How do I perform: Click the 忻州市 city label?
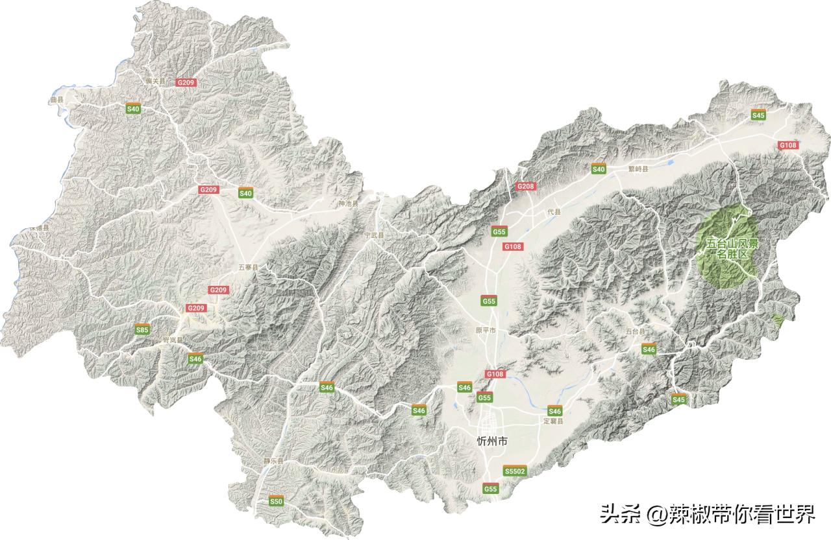pos(491,441)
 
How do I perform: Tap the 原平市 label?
pos(485,331)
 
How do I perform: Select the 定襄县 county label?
pos(553,421)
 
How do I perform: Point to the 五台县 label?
pos(636,331)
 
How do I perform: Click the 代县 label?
pos(553,212)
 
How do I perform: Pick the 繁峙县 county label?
pos(638,168)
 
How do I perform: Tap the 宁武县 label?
pos(373,235)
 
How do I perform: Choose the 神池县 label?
pos(348,204)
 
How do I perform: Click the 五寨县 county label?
pos(248,267)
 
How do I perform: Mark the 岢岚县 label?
pos(173,340)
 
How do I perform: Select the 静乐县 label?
pos(273,461)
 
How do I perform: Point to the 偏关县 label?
pos(156,82)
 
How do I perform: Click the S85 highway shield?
pos(142,330)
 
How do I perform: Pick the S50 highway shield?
pos(277,501)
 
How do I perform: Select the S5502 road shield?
pos(514,471)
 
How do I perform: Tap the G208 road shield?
pos(525,186)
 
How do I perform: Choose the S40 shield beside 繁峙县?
pos(598,169)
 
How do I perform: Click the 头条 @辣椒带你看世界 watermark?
pos(707,515)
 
